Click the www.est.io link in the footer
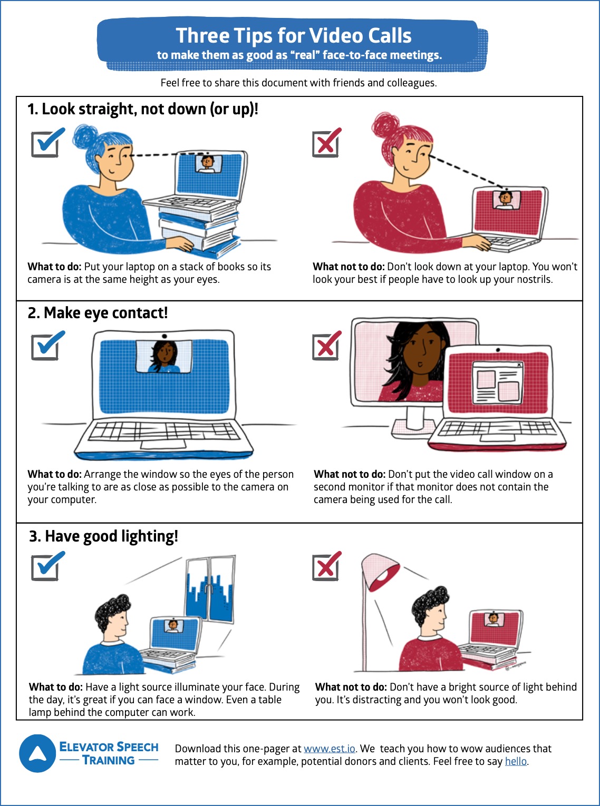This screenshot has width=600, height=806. pyautogui.click(x=329, y=749)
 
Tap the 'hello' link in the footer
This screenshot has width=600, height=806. pyautogui.click(x=516, y=761)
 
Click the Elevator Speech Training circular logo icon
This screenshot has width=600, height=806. pyautogui.click(x=37, y=753)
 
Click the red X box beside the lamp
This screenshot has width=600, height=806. pyautogui.click(x=326, y=566)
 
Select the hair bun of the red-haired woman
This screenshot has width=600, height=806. pyautogui.click(x=385, y=126)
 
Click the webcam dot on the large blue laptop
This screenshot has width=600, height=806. pyautogui.click(x=164, y=336)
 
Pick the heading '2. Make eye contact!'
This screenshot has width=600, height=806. pyautogui.click(x=98, y=313)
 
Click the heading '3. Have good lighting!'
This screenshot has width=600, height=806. pyautogui.click(x=103, y=536)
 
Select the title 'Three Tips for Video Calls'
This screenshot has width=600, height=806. pyautogui.click(x=294, y=36)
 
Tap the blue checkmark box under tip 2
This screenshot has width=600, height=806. pyautogui.click(x=46, y=346)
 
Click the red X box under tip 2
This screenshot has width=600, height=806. pyautogui.click(x=326, y=346)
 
